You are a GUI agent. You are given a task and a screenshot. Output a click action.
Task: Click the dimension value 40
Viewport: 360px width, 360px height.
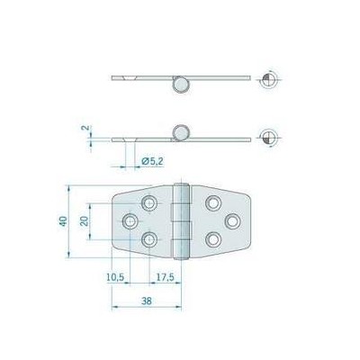tap(64, 222)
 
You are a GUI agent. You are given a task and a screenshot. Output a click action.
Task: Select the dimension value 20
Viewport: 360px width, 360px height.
tap(84, 221)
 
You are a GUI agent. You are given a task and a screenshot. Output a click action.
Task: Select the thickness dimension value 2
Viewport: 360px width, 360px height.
tap(84, 129)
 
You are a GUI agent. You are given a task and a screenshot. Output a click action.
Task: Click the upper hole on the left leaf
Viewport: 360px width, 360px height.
tap(149, 203)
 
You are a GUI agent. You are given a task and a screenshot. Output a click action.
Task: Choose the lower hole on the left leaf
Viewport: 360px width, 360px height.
tap(149, 238)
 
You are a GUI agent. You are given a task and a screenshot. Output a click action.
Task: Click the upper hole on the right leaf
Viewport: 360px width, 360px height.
tap(213, 203)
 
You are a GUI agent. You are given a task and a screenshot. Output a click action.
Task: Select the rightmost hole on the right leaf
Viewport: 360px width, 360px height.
tap(231, 220)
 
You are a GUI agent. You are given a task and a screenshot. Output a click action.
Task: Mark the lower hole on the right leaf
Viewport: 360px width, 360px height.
tap(213, 238)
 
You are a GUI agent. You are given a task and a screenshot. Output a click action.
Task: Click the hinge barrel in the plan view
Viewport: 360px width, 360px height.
tap(181, 221)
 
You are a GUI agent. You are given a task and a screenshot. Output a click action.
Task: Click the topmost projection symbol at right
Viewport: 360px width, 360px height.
tap(269, 79)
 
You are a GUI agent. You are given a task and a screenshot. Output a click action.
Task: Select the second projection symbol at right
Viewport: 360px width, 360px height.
tap(269, 138)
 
